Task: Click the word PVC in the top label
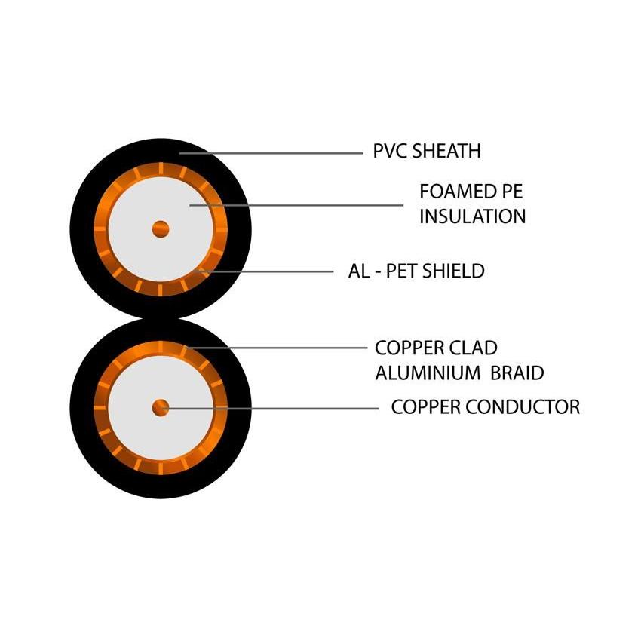pyautogui.click(x=389, y=151)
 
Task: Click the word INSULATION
pyautogui.click(x=472, y=216)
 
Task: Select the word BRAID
pyautogui.click(x=517, y=373)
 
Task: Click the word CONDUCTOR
pyautogui.click(x=526, y=407)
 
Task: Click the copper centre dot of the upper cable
pyautogui.click(x=160, y=228)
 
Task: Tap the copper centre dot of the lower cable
pyautogui.click(x=160, y=408)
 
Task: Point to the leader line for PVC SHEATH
pyautogui.click(x=271, y=153)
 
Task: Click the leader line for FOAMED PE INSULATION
pyautogui.click(x=302, y=204)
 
